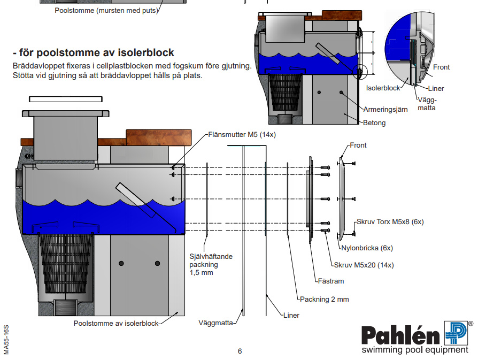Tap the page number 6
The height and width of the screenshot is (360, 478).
tap(240, 351)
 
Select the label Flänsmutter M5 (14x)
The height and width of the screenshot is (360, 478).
tap(242, 135)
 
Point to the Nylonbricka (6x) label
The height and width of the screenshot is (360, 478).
tap(367, 248)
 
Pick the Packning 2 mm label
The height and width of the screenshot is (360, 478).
tap(324, 299)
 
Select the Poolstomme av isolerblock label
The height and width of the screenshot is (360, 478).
tap(116, 323)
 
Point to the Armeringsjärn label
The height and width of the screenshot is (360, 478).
tap(386, 109)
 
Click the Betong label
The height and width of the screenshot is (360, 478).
tap(374, 122)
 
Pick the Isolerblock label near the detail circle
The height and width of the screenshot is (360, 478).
tap(383, 87)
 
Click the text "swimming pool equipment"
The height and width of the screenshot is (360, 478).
tap(414, 350)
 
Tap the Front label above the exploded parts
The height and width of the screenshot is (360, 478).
tap(358, 145)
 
